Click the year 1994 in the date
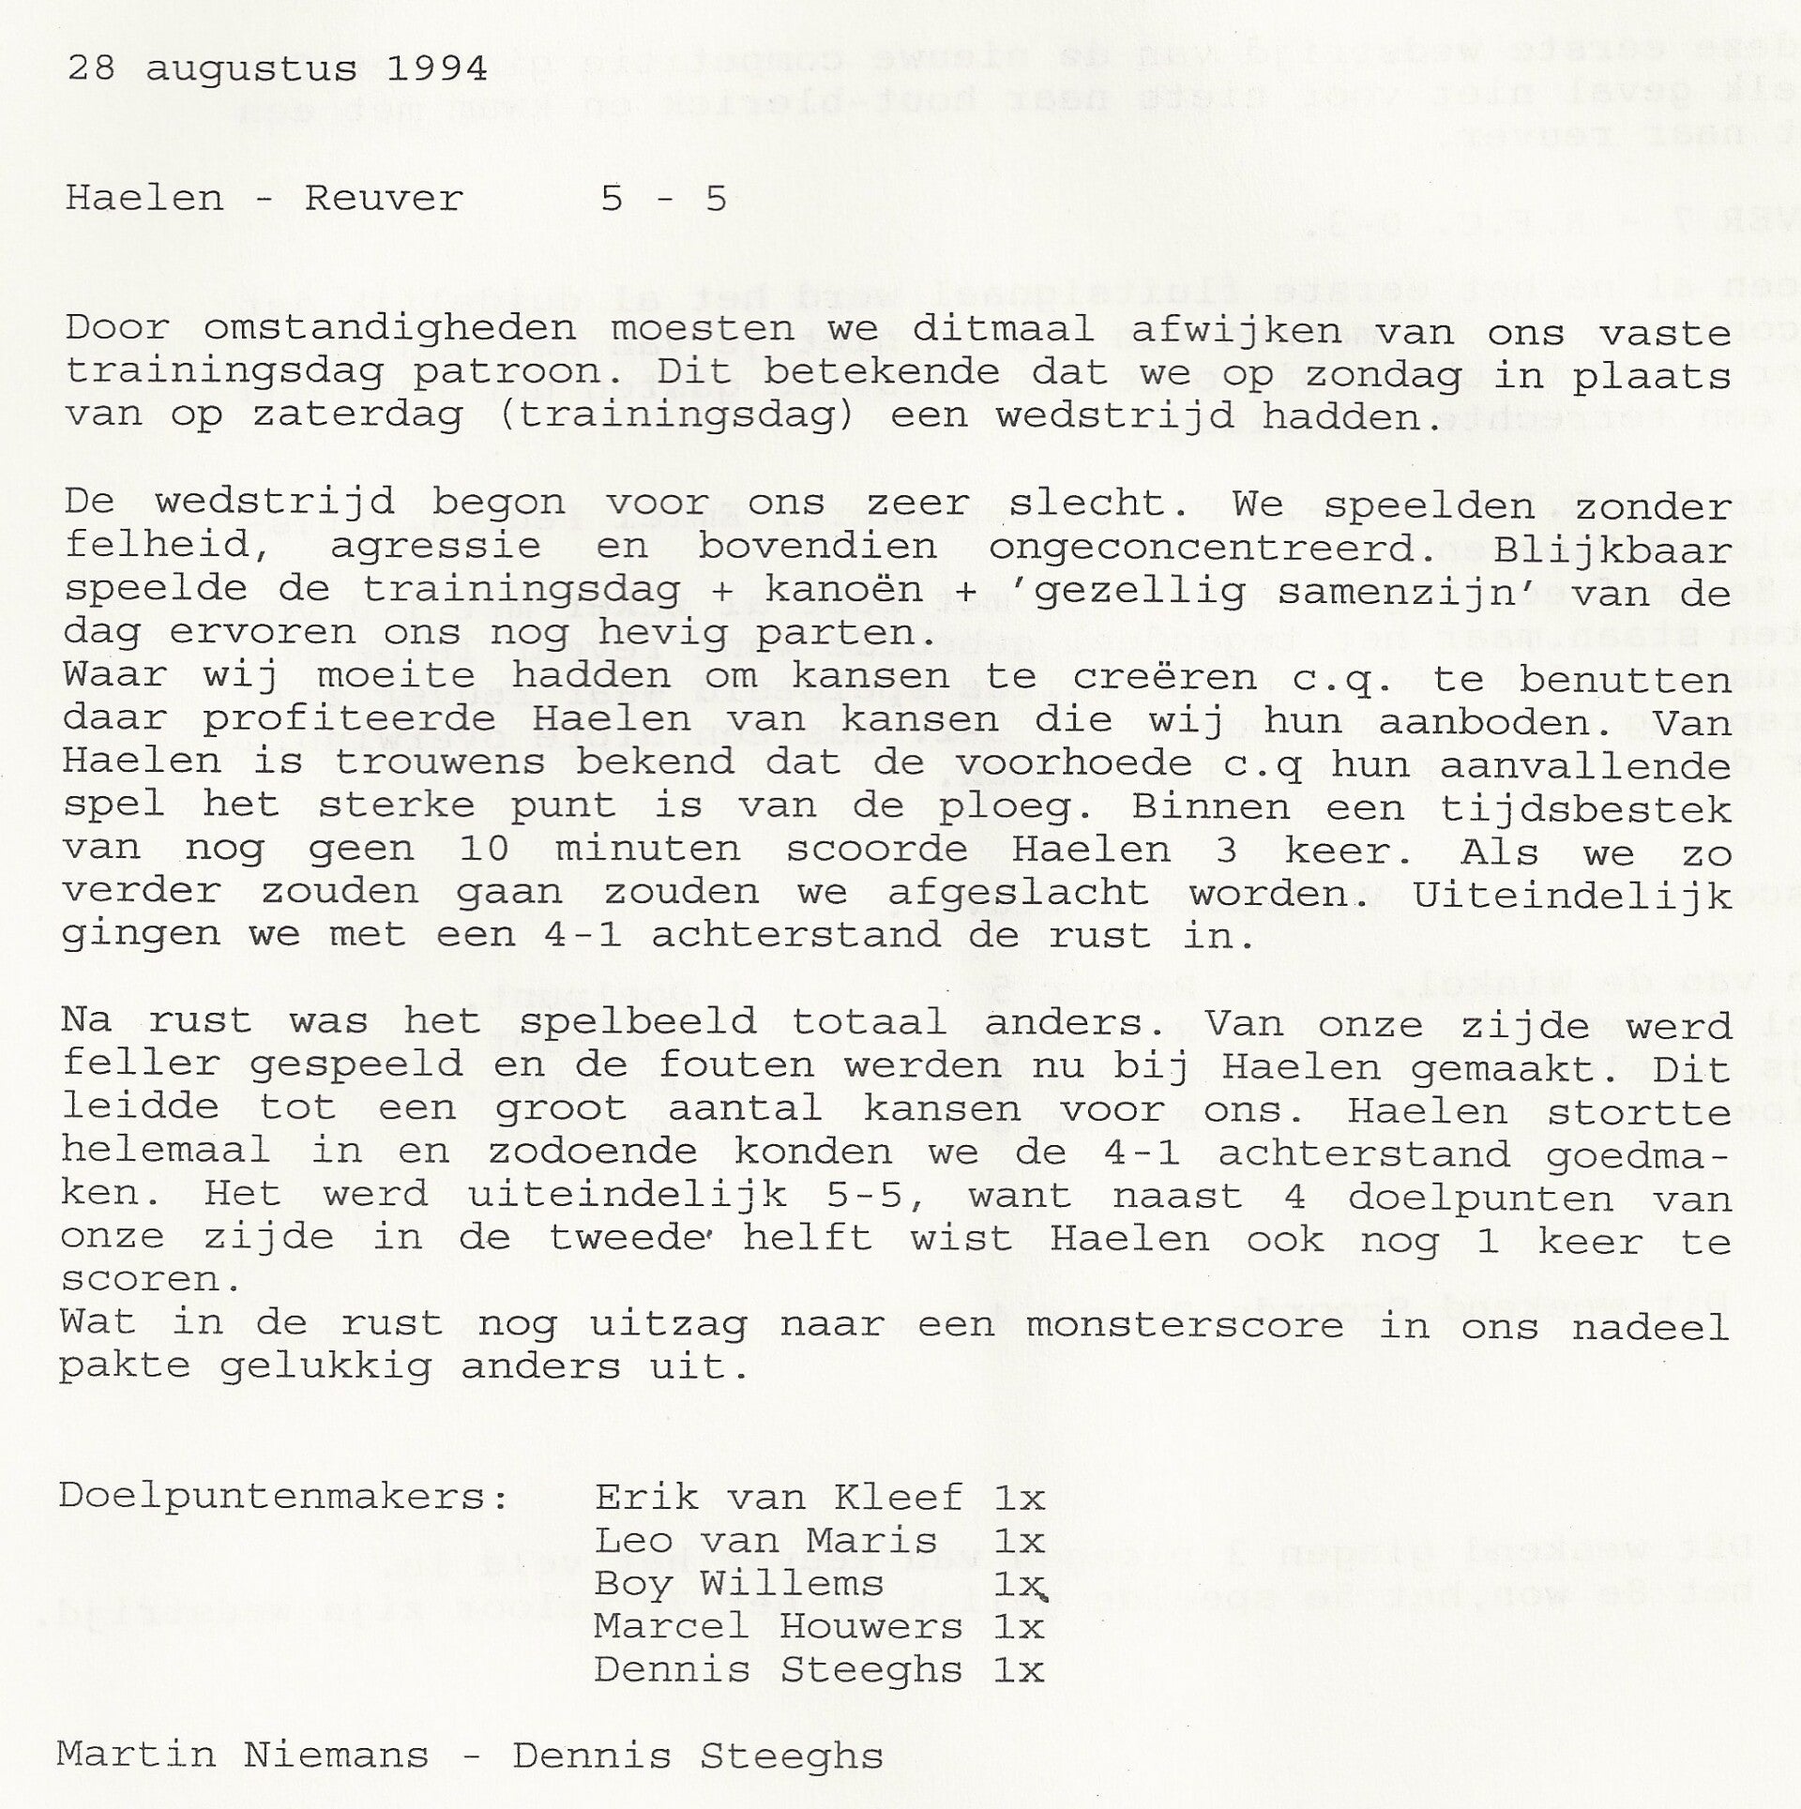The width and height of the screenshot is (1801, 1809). click(x=436, y=69)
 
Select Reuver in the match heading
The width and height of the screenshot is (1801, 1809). click(x=384, y=199)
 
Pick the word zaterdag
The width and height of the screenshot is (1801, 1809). click(x=358, y=415)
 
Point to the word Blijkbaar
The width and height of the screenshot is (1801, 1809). click(x=1612, y=548)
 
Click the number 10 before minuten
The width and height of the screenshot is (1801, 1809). click(x=485, y=849)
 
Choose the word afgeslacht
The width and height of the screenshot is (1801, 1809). click(x=1019, y=892)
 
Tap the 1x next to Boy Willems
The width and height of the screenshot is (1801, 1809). click(x=1018, y=1584)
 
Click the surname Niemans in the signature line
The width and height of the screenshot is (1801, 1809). click(x=336, y=1754)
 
